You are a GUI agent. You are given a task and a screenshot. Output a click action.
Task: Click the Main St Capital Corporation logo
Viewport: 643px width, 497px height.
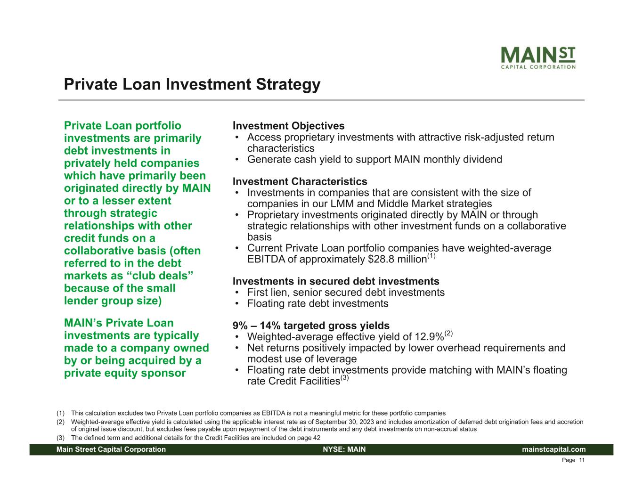click(x=538, y=57)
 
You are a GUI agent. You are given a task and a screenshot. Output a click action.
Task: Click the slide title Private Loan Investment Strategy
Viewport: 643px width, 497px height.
click(x=192, y=84)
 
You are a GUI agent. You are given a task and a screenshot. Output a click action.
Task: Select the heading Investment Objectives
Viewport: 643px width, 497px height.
click(x=288, y=126)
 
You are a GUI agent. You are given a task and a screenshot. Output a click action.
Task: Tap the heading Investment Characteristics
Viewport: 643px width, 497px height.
click(x=300, y=181)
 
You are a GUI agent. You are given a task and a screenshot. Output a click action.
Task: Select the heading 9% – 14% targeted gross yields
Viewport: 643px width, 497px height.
click(x=311, y=326)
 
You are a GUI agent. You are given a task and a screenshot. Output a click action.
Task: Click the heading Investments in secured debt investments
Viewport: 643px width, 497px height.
click(x=336, y=281)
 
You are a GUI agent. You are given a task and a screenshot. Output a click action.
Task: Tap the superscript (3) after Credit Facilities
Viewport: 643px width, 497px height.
click(x=345, y=378)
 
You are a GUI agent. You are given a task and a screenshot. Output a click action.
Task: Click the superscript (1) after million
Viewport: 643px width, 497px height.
click(x=431, y=256)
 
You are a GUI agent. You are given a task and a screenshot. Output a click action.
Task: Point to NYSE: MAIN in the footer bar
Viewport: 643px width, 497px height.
click(x=344, y=449)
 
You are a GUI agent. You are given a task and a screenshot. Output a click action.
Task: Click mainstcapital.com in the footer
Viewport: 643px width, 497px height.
click(x=553, y=449)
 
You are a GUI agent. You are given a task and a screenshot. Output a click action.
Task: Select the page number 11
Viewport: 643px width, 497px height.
click(x=582, y=460)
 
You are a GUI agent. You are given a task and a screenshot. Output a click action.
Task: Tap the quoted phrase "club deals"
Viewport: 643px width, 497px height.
click(x=160, y=276)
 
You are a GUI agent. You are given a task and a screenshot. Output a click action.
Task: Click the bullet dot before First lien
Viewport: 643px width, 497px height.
click(x=237, y=293)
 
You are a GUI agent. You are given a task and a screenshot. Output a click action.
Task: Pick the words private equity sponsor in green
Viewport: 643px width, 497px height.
click(x=125, y=373)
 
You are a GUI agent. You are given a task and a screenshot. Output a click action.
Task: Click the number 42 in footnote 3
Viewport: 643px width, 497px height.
click(x=317, y=438)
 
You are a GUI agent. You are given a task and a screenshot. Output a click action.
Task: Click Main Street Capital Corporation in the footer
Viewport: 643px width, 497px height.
click(x=111, y=449)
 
